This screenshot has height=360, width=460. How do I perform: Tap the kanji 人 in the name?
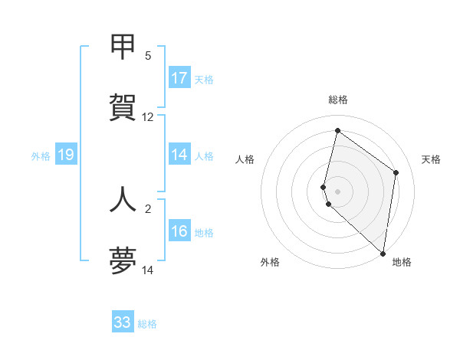[x=123, y=198]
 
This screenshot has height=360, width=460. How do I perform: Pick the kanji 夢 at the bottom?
[x=123, y=261]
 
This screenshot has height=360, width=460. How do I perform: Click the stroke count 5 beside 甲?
[x=147, y=55]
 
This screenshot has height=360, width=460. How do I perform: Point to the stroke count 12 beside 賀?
[x=148, y=117]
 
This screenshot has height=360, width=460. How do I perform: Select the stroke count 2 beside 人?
[x=147, y=208]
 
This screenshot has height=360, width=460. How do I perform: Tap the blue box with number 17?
[x=179, y=78]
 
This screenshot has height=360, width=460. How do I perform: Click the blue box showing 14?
[x=179, y=155]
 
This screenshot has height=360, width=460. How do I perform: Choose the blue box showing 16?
[x=179, y=231]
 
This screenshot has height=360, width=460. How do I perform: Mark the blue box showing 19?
[x=66, y=155]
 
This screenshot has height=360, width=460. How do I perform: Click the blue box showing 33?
[x=123, y=322]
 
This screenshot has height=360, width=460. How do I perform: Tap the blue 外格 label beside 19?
[x=41, y=156]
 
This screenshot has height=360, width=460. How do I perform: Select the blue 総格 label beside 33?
[x=147, y=324]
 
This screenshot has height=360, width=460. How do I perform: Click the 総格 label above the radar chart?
[x=338, y=100]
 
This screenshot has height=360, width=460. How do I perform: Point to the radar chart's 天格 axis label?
[x=431, y=159]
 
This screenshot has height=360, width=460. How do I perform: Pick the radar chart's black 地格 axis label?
[x=402, y=262]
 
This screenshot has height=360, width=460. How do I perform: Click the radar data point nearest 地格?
[x=383, y=253]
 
